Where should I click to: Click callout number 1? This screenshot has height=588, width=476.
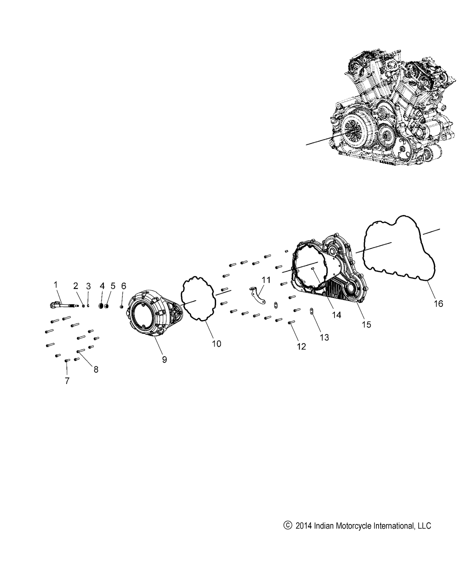pos(56,284)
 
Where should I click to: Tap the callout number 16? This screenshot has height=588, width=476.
pos(438,304)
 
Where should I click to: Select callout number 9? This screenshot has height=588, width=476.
pos(164,359)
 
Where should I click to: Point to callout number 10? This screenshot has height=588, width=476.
pos(216,344)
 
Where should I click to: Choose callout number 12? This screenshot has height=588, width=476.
pos(301,346)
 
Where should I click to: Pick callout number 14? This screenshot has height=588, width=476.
pos(336,315)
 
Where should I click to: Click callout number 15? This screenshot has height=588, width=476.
pos(366,324)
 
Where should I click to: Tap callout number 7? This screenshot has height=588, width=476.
pos(67,381)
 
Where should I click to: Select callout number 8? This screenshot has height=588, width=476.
pos(96,369)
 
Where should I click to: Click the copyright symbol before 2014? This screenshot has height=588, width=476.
pos(287,525)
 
